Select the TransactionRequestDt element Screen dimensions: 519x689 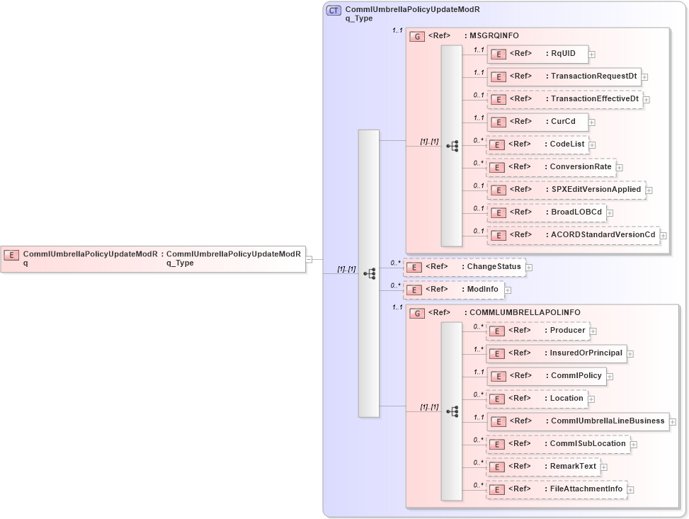click(563, 76)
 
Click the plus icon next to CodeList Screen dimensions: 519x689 click(593, 144)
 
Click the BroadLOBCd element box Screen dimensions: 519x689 click(545, 212)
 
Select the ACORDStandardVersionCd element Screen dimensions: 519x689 click(573, 235)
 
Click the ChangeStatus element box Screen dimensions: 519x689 click(465, 267)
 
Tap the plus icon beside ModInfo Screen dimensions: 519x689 click(508, 290)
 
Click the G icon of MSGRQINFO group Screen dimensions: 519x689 click(418, 35)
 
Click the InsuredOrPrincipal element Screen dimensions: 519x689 click(556, 353)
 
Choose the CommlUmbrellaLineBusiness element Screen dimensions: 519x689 click(577, 421)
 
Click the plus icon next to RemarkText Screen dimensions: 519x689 click(605, 467)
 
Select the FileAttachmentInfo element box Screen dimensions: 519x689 click(556, 489)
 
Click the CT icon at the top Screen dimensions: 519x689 click(334, 11)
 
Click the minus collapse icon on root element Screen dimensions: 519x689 click(309, 259)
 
